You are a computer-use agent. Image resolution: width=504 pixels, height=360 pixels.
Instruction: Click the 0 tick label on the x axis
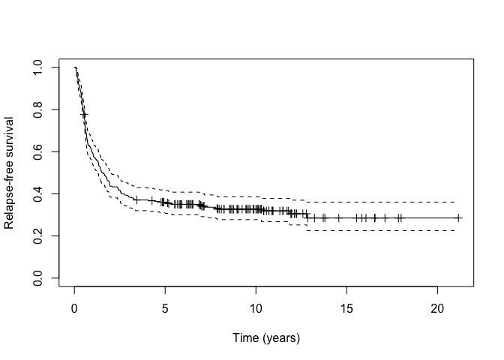coord(74,309)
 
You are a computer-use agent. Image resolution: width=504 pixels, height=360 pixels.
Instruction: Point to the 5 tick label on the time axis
coord(165,309)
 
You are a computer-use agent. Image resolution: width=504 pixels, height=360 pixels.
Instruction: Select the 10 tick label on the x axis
coord(256,309)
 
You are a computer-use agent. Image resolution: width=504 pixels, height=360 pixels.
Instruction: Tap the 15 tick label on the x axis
coord(347,309)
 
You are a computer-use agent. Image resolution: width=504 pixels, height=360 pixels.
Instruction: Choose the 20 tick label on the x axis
coord(438,309)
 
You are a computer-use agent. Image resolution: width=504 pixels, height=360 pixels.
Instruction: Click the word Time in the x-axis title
coord(246,338)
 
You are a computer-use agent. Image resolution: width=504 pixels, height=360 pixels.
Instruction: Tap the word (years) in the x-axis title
coord(280,338)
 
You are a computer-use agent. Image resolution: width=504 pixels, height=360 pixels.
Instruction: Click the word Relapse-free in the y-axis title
coord(10,198)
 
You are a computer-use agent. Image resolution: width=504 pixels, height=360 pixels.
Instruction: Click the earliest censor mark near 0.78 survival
coord(84,115)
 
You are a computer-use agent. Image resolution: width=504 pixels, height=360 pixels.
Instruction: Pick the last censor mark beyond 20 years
coord(458,217)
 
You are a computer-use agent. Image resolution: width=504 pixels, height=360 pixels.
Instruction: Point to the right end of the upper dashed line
coord(455,202)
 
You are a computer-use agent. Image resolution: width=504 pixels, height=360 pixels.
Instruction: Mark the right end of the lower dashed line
coord(455,230)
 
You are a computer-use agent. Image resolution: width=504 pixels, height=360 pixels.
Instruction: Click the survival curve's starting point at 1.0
coord(75,68)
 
